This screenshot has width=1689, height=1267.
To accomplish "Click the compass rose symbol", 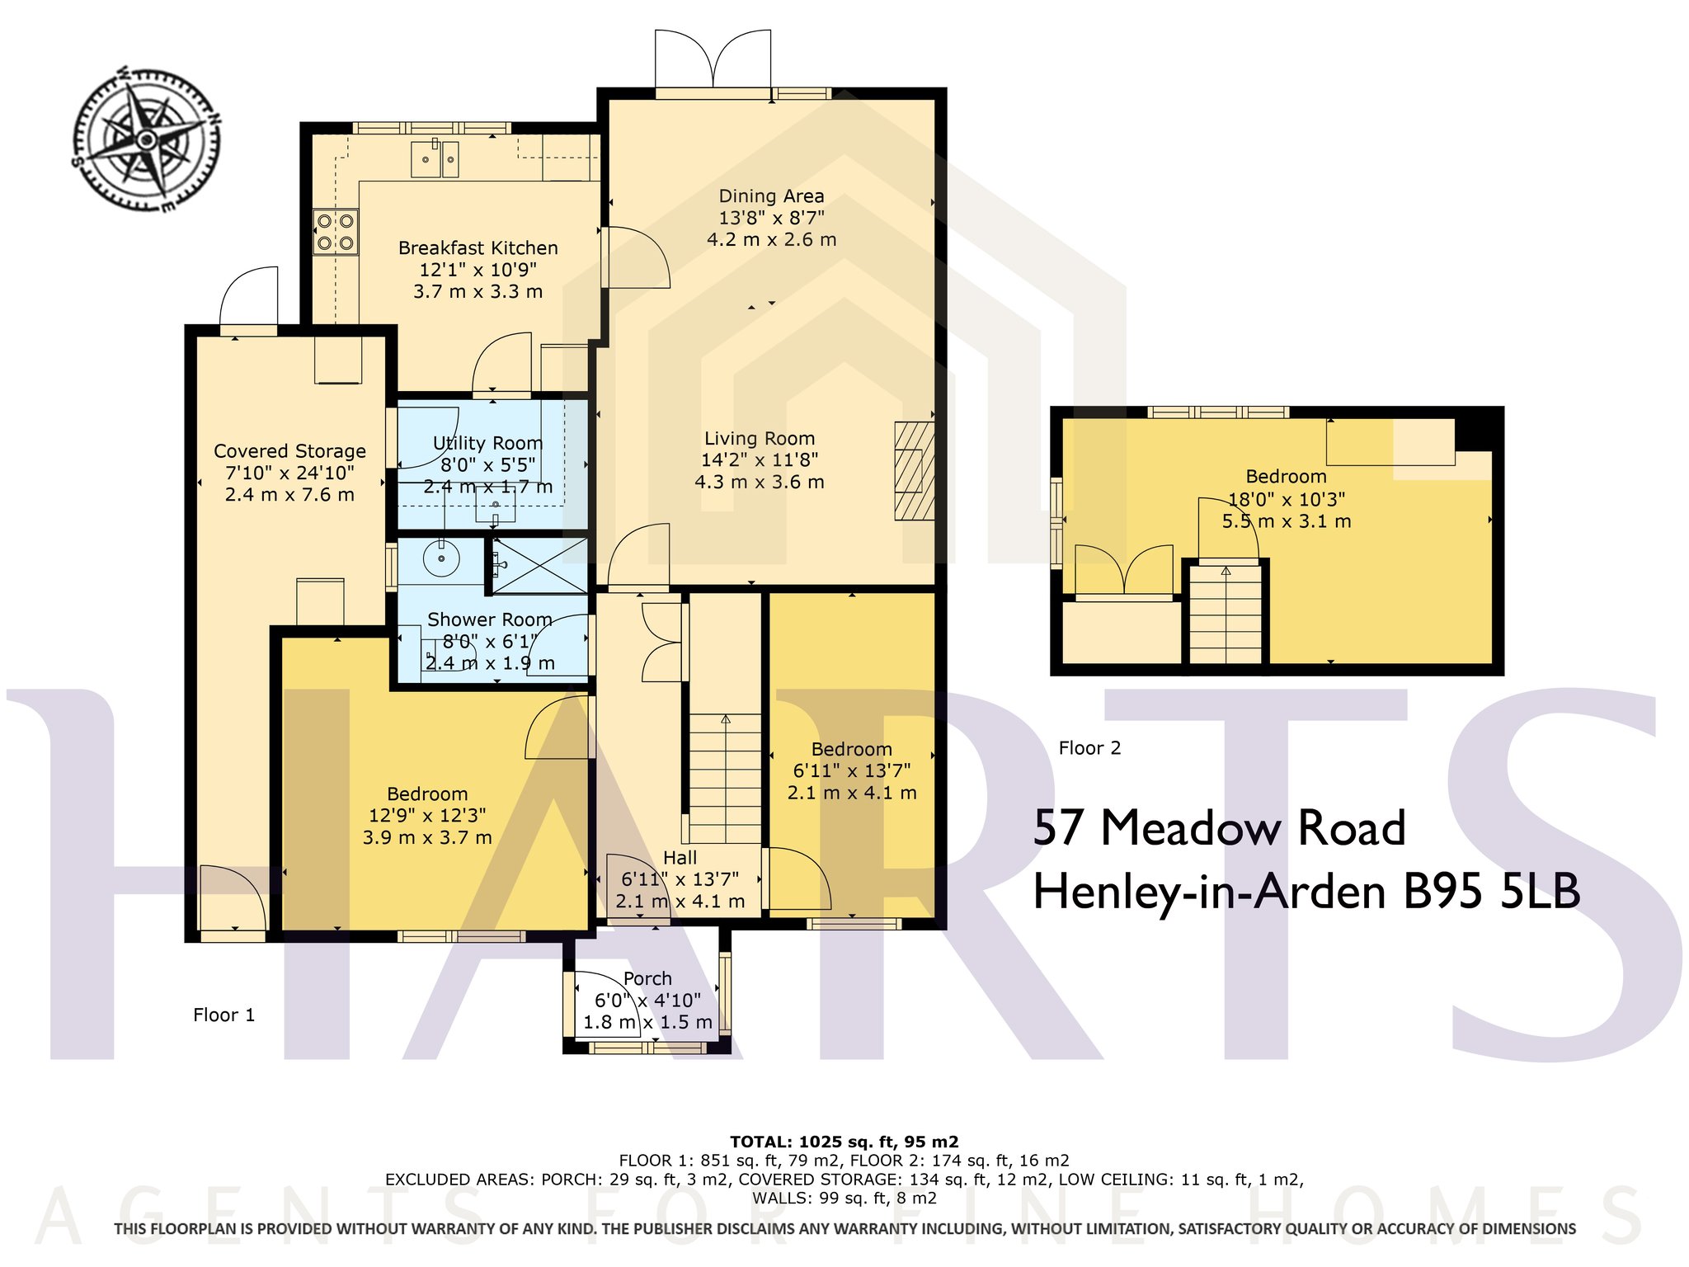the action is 146,138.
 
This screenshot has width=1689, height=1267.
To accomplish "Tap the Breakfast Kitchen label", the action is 478,248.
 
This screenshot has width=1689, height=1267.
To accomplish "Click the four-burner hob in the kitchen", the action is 336,232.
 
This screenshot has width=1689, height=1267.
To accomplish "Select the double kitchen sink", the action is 435,158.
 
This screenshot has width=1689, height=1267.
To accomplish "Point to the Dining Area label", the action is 772,196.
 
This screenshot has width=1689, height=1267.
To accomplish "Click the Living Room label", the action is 760,439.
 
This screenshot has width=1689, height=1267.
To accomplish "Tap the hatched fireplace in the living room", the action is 915,471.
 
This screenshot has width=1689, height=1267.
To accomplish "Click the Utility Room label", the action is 487,443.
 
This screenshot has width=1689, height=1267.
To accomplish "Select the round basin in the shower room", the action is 441,559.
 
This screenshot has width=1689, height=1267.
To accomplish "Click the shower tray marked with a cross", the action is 540,565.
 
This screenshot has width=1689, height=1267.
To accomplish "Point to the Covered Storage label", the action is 290,451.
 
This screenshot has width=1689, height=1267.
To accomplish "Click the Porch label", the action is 647,978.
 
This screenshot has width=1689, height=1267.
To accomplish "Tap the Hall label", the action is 680,858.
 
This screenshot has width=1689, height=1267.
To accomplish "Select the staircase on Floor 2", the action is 1226,613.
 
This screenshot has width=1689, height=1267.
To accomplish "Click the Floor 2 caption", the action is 1090,748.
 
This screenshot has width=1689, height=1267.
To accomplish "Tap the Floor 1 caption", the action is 224,1015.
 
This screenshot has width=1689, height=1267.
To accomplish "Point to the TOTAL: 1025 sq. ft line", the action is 844,1142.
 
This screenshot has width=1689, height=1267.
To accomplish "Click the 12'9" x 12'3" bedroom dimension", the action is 427,816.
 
